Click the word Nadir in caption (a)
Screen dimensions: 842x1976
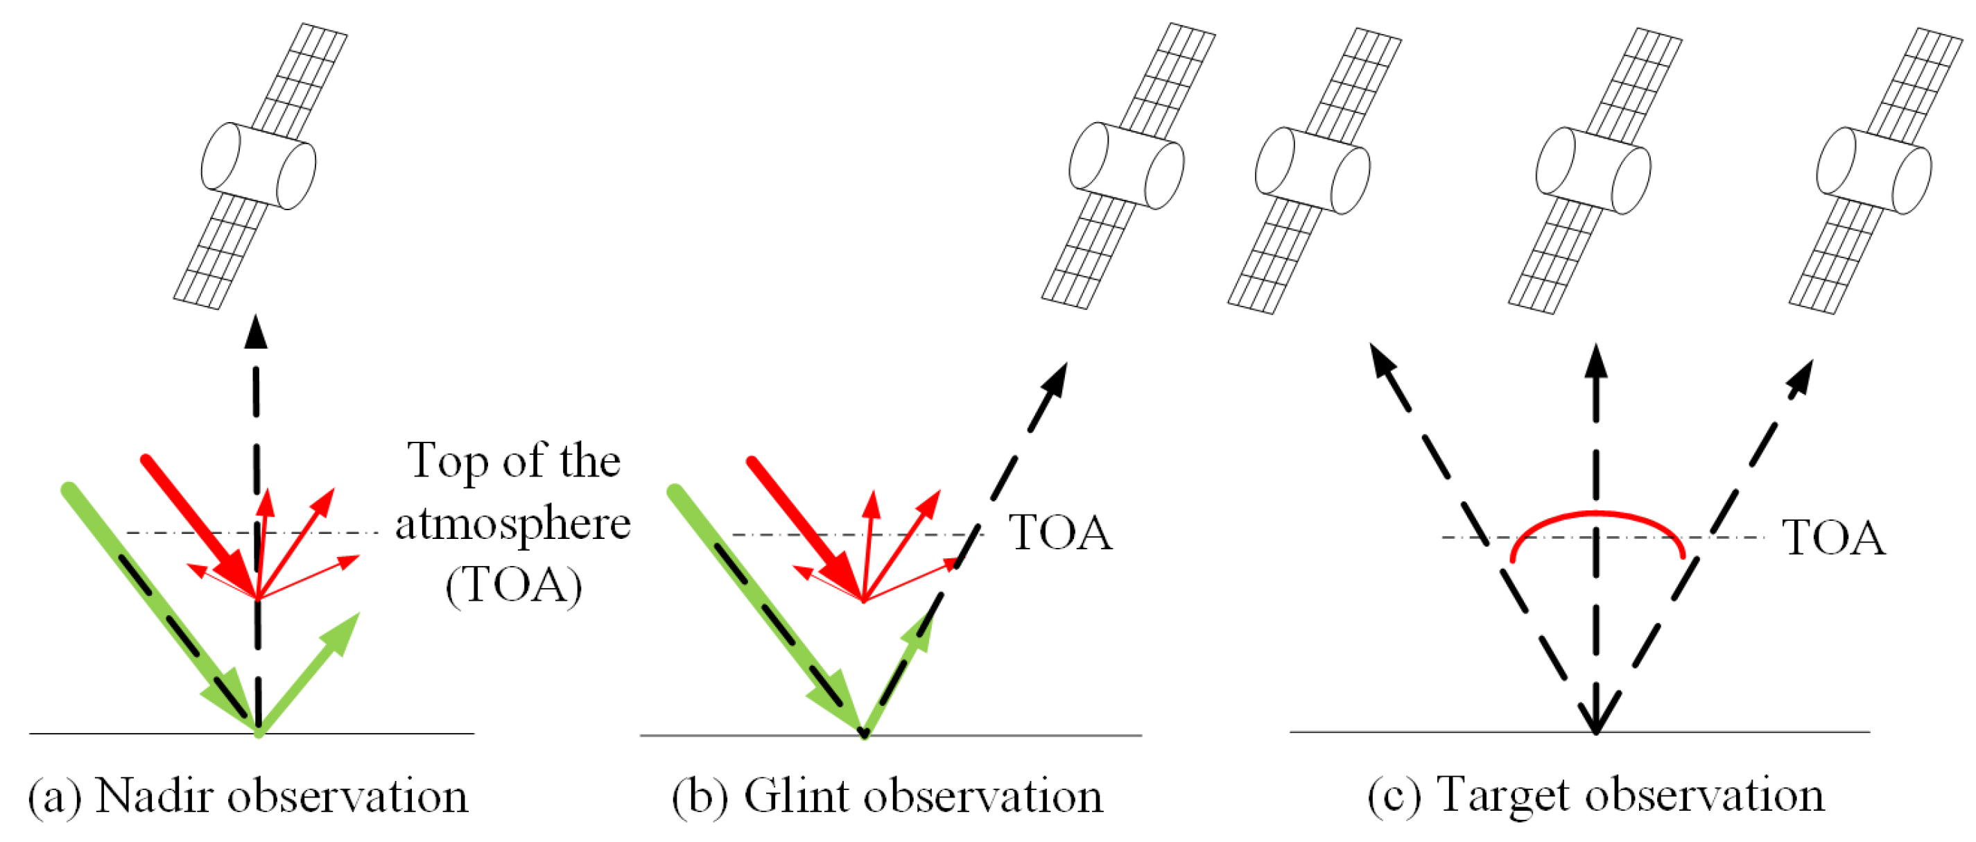tap(155, 796)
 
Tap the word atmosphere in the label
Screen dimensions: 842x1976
tap(512, 525)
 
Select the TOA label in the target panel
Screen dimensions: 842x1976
tap(1832, 538)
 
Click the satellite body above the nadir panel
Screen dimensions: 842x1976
tap(259, 166)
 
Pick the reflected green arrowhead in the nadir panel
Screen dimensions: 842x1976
tap(342, 633)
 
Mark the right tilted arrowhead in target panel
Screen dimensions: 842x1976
tap(1802, 377)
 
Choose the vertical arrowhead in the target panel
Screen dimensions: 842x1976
tap(1596, 361)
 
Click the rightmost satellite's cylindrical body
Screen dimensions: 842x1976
tap(1874, 171)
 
